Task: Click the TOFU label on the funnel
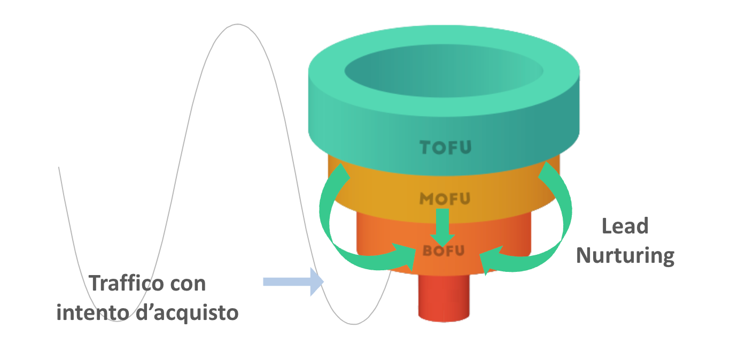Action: click(x=445, y=147)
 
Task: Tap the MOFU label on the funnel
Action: click(x=445, y=199)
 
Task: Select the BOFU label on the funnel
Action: click(x=444, y=250)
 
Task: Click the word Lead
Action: click(x=625, y=226)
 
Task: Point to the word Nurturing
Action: click(x=625, y=255)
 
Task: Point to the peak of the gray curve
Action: click(x=237, y=24)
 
